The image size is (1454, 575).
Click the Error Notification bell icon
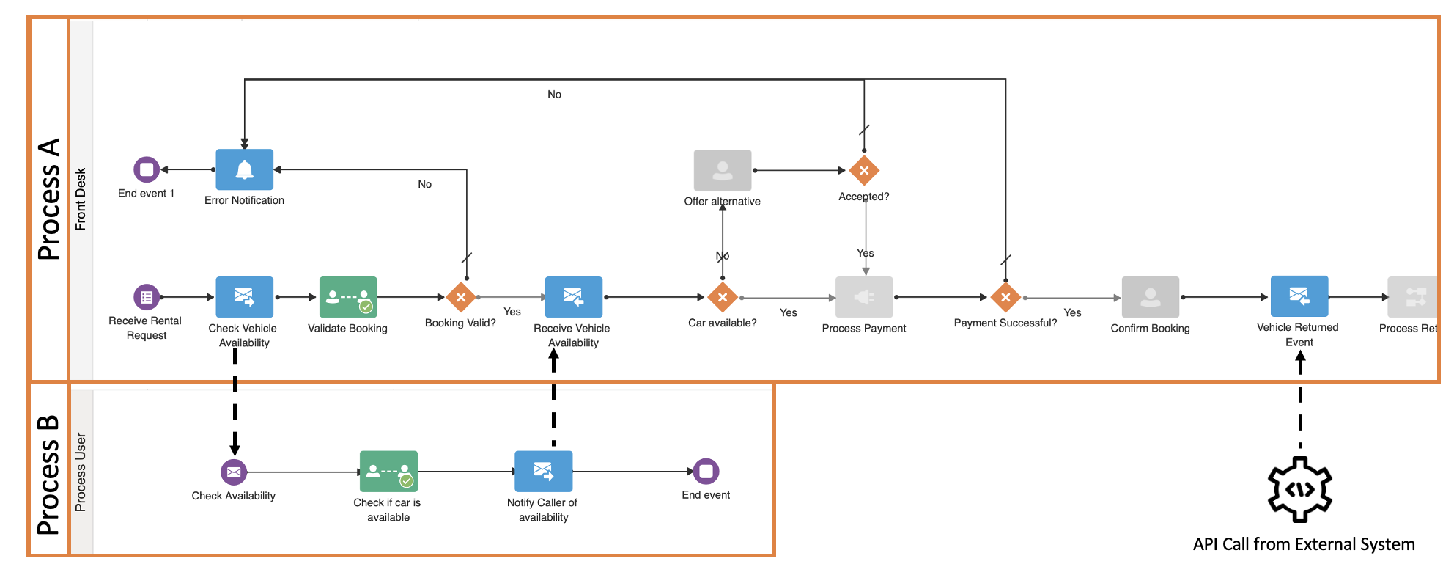[x=244, y=170]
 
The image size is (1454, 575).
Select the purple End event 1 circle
[x=147, y=169]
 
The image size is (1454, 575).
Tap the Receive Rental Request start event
[x=147, y=297]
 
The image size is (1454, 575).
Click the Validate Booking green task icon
[x=348, y=297]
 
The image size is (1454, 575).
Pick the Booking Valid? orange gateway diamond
[x=461, y=297]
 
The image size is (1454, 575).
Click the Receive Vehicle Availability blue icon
[x=573, y=297]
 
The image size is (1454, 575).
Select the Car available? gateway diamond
[x=723, y=297]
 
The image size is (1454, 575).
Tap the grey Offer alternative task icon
[x=723, y=170]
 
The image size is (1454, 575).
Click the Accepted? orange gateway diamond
[x=864, y=170]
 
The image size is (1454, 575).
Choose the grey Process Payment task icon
[x=864, y=297]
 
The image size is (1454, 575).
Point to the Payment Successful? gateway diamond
[x=1005, y=297]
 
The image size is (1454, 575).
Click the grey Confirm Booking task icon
[x=1150, y=297]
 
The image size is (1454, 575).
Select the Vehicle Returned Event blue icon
[x=1299, y=296]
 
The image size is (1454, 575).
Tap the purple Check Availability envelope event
[x=234, y=472]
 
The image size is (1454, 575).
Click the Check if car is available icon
[x=388, y=472]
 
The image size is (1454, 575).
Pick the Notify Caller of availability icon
[x=543, y=472]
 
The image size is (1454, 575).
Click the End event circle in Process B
[x=706, y=471]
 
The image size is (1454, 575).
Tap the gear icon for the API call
[x=1300, y=489]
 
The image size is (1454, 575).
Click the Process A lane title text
[x=49, y=199]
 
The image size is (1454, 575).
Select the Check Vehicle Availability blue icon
[x=244, y=297]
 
